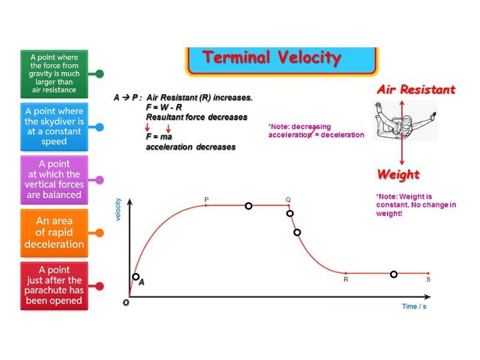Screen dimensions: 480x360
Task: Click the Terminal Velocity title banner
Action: (281, 61)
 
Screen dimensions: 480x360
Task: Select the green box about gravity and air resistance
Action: (54, 74)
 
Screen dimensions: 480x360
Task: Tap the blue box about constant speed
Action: (54, 127)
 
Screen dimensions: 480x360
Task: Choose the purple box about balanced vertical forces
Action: (54, 179)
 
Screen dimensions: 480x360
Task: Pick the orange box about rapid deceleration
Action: (54, 233)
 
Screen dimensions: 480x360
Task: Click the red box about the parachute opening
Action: (54, 286)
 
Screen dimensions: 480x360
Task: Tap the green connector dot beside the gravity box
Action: (100, 74)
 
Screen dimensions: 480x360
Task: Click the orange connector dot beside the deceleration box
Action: (100, 233)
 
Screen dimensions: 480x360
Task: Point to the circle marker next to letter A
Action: (136, 277)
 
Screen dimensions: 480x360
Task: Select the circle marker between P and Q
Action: (248, 206)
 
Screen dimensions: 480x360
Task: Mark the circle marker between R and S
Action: (394, 274)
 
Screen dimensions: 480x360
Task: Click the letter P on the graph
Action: (206, 200)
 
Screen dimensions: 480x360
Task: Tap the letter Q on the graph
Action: (288, 200)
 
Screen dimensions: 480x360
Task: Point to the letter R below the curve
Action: (346, 279)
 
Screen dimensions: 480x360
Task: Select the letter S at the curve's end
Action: (428, 279)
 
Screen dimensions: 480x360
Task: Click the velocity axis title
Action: (118, 209)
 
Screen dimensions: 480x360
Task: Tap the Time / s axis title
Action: (414, 306)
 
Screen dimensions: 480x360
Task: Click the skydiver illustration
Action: (404, 121)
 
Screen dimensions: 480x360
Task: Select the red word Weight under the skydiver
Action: (398, 175)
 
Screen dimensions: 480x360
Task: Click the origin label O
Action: (126, 302)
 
